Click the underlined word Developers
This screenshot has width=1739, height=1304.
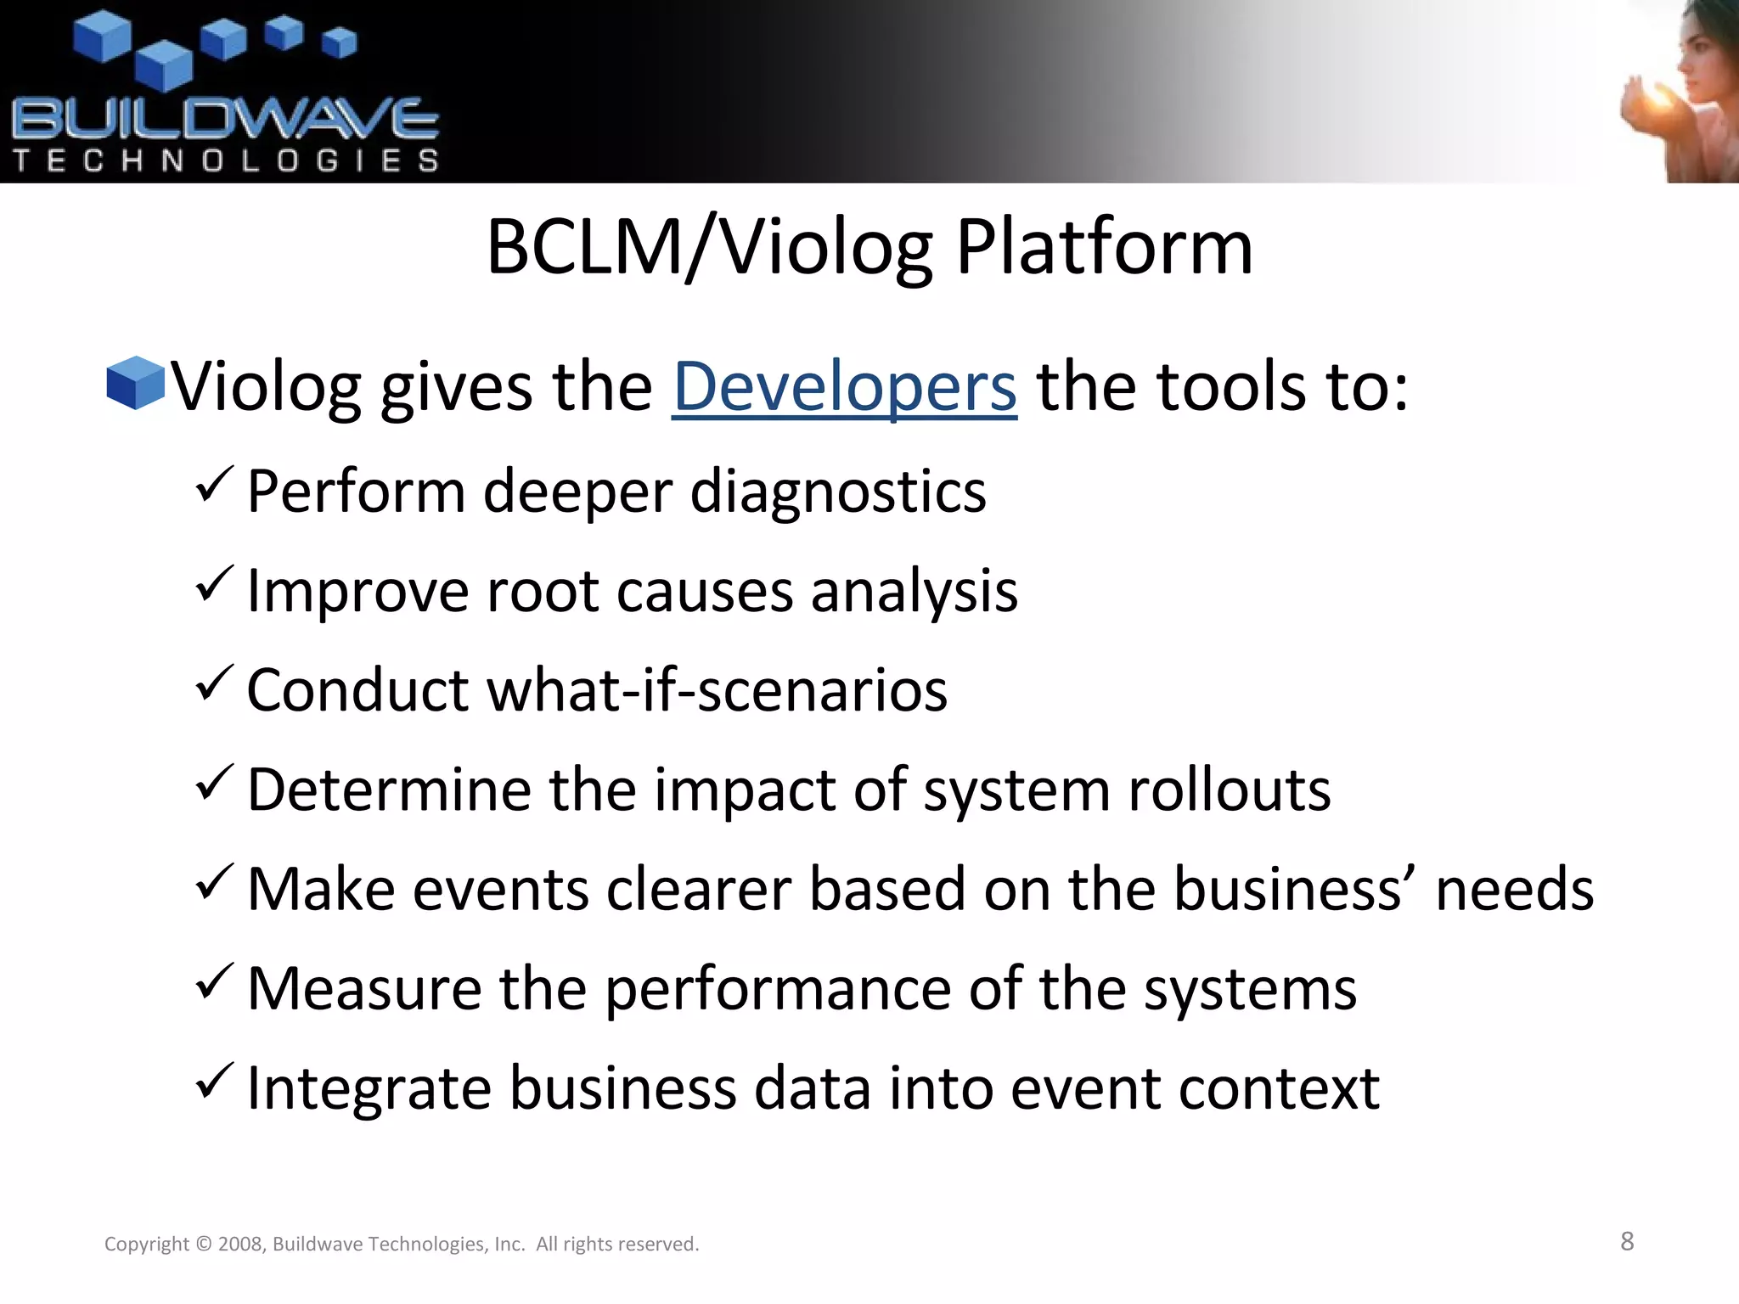coord(844,387)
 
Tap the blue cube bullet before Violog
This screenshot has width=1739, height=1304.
coord(135,384)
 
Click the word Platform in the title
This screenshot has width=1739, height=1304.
coord(1104,248)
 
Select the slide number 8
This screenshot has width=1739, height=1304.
coord(1627,1241)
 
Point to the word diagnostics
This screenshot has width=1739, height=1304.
coord(838,492)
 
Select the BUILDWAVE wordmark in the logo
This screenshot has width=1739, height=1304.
coord(225,120)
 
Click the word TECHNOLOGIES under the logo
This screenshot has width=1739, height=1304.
coord(225,160)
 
